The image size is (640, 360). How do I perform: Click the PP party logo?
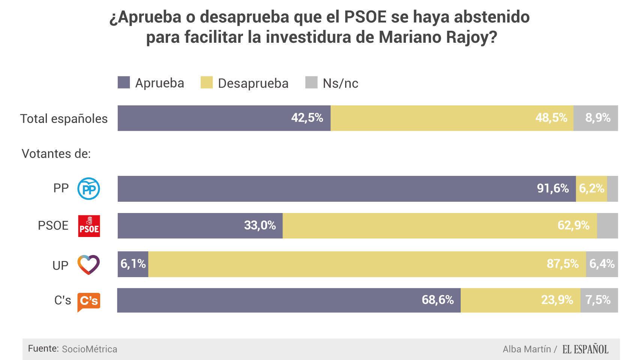(89, 189)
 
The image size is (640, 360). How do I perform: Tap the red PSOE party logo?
(89, 226)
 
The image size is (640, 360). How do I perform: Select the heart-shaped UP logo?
(89, 264)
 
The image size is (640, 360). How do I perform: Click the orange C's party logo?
(89, 301)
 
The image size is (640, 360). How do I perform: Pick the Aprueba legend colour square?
(124, 82)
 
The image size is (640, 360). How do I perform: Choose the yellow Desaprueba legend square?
(206, 82)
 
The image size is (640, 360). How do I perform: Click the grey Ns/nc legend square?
(311, 82)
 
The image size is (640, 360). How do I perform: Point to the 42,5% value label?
(307, 118)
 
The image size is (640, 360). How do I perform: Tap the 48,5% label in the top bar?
(551, 118)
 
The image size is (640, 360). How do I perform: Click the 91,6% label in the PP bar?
(553, 188)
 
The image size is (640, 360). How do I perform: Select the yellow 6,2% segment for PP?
(591, 188)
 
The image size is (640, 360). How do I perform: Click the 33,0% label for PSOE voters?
(260, 225)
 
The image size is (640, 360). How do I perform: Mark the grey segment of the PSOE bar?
(607, 226)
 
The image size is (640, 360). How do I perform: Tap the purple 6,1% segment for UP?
(133, 264)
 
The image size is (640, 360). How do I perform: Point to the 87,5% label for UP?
(562, 264)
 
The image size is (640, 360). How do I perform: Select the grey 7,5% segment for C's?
(599, 300)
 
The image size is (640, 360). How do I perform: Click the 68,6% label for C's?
(437, 300)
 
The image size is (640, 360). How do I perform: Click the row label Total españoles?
(64, 118)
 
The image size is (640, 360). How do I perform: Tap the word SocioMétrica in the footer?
(89, 349)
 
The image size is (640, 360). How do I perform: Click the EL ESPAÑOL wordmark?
(585, 349)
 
